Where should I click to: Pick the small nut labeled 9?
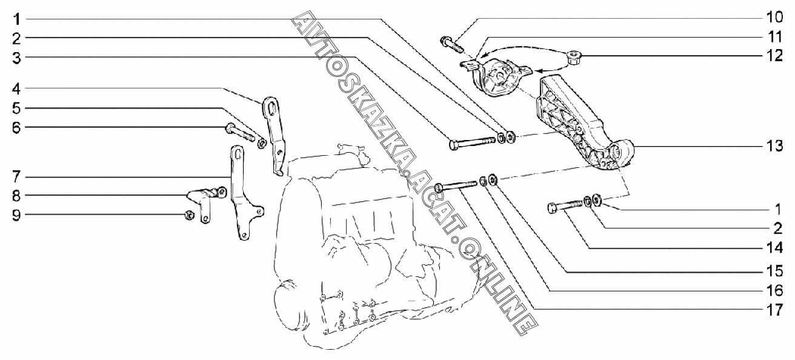[188, 214]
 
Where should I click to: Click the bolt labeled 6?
[241, 133]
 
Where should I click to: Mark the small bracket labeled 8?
[204, 200]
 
